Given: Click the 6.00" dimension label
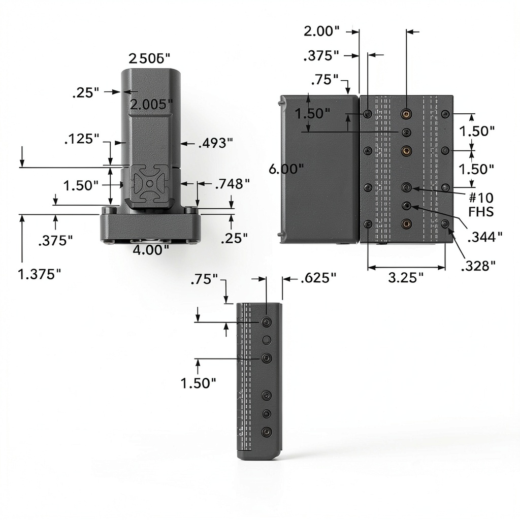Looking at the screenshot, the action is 286,169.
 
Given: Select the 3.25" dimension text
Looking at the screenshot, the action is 406,278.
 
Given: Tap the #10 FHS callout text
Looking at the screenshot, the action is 481,205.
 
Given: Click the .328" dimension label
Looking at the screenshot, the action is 478,266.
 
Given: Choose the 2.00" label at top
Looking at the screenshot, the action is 321,31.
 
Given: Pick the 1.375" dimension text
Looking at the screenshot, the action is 39,274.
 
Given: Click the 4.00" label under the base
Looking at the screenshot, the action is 150,250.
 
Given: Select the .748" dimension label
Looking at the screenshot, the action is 233,184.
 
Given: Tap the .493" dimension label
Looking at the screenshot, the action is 215,143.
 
